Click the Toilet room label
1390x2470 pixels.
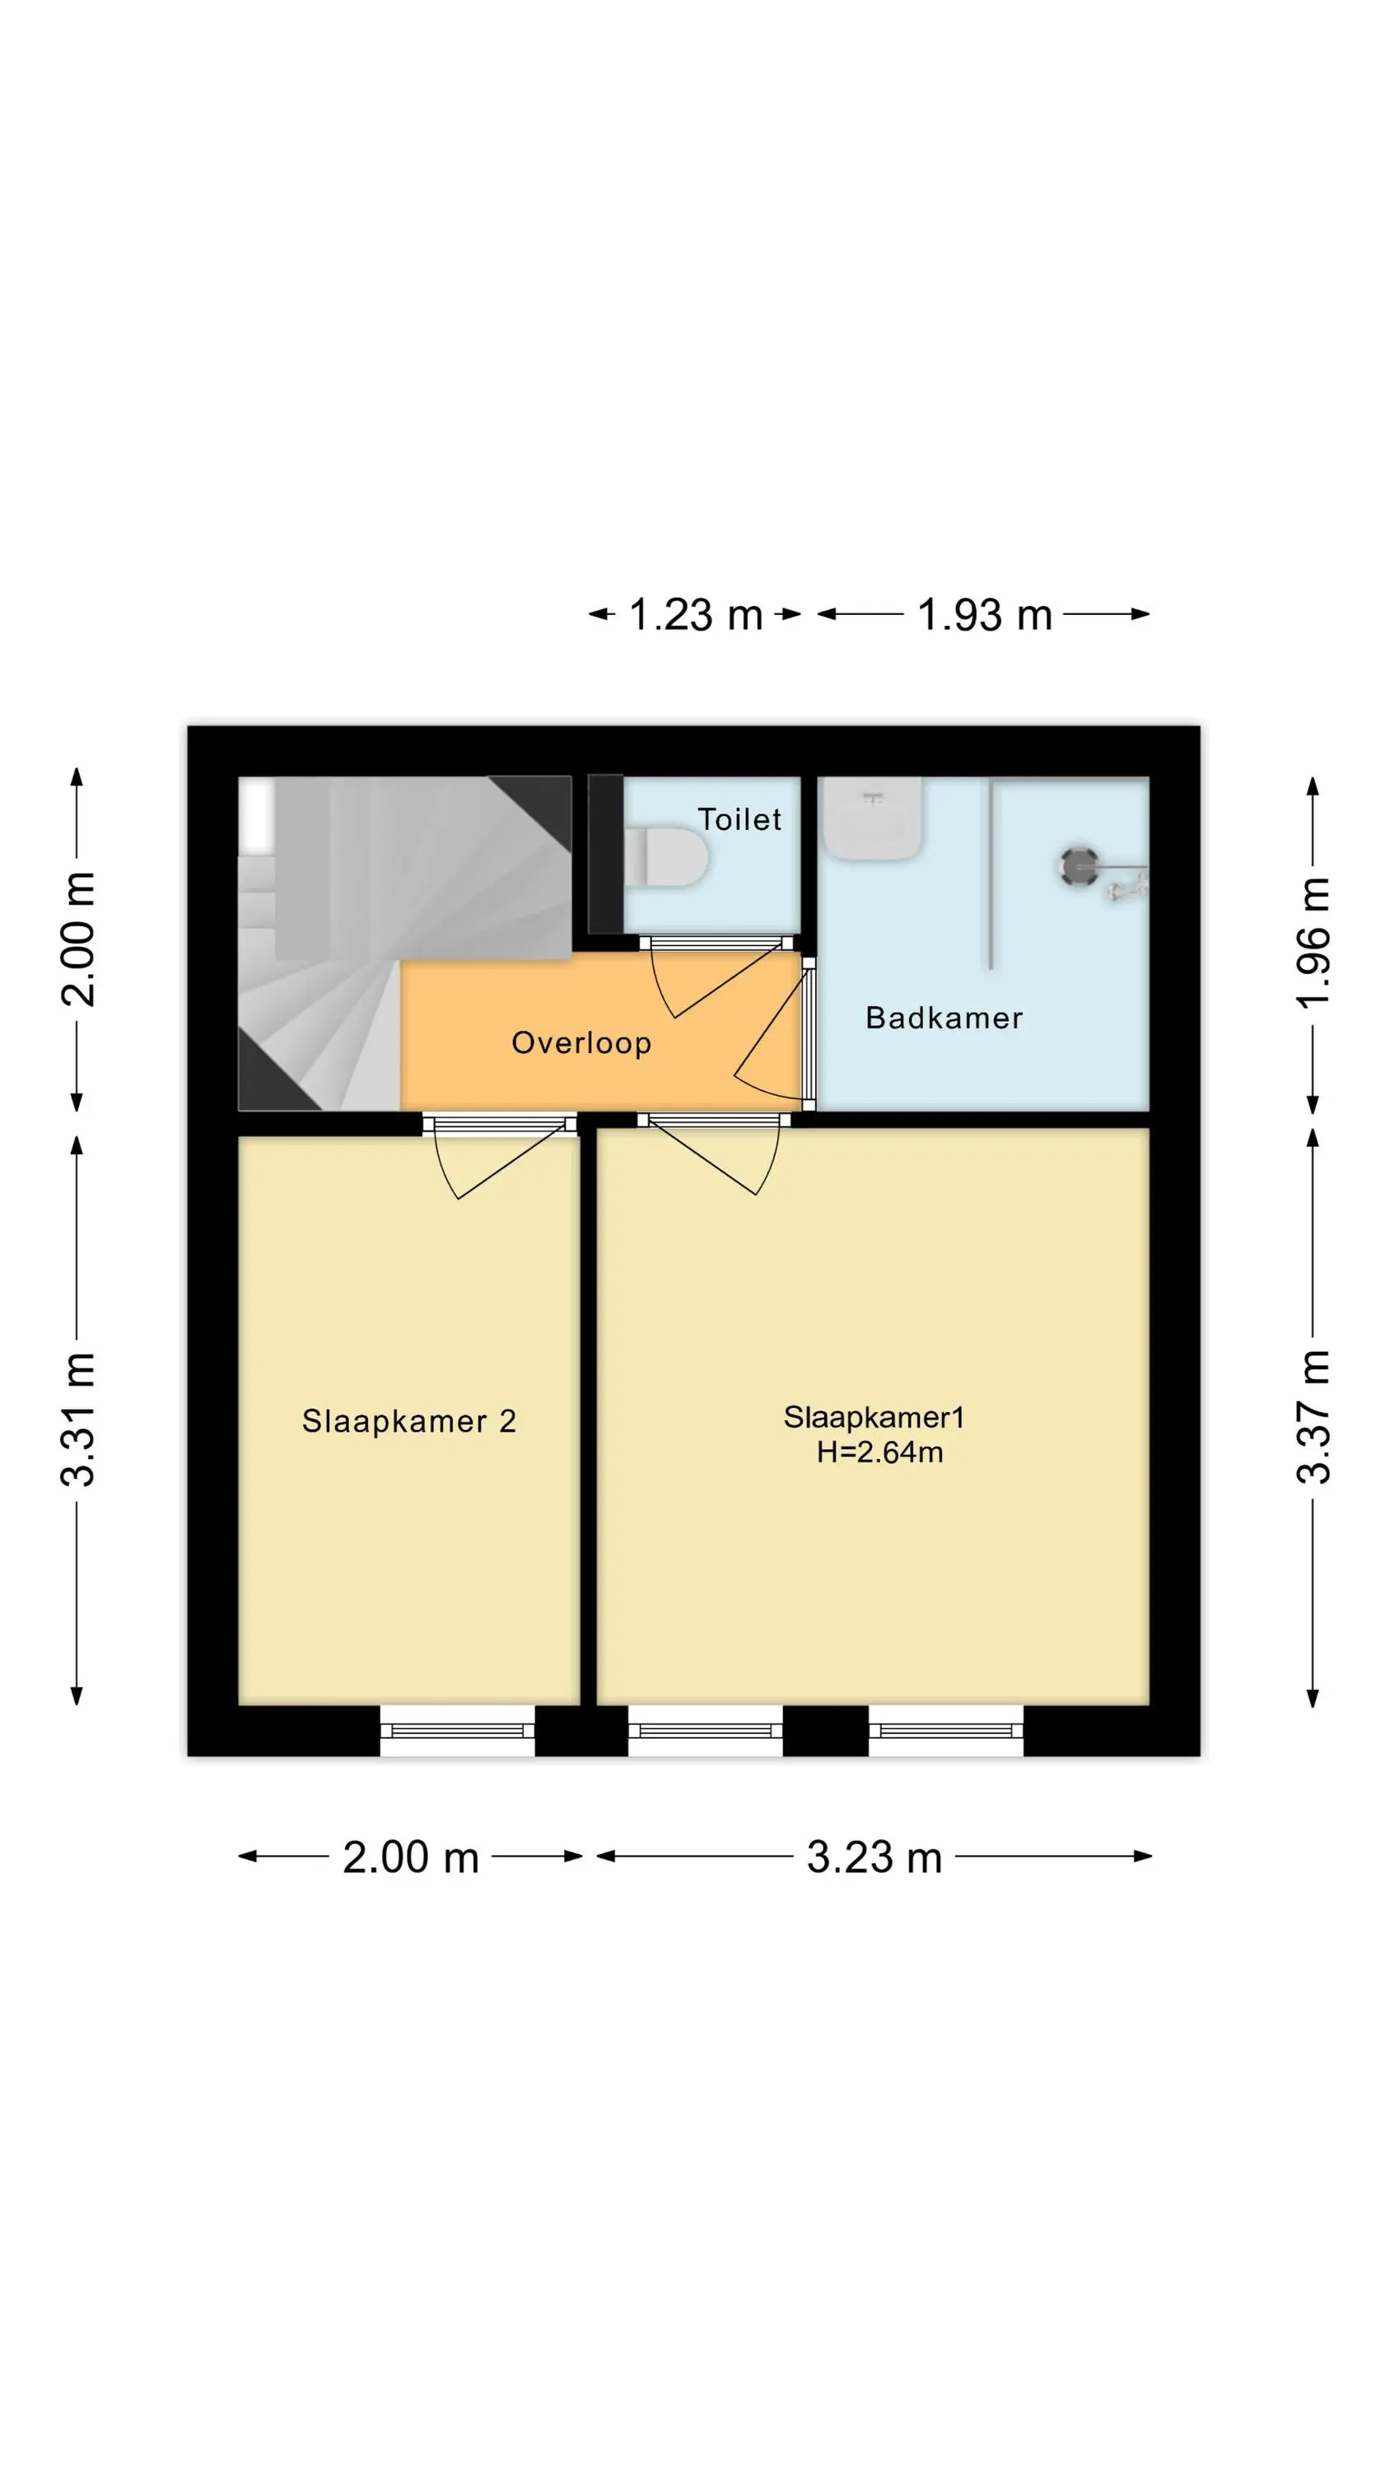click(x=739, y=820)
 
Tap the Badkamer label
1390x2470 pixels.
click(x=944, y=1018)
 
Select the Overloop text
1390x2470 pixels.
click(x=581, y=1043)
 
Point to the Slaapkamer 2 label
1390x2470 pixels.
click(x=408, y=1421)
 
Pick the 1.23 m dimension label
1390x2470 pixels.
click(x=696, y=615)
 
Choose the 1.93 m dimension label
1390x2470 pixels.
click(x=985, y=615)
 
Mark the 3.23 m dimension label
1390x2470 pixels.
click(x=874, y=1857)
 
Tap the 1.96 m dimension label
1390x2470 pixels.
click(x=1313, y=942)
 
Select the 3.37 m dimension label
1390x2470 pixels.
click(x=1313, y=1417)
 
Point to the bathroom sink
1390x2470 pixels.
click(x=873, y=818)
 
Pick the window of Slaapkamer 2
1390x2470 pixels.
click(x=458, y=1731)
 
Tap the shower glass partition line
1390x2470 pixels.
click(x=991, y=874)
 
